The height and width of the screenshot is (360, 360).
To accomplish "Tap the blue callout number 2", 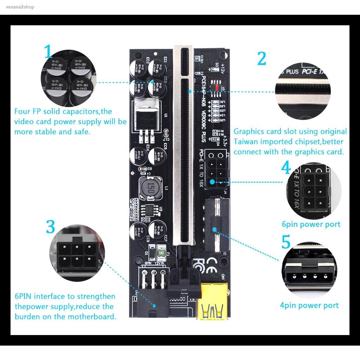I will tap(262, 59).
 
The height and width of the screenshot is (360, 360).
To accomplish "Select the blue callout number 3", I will tap(51, 227).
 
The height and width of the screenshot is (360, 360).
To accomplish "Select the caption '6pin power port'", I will tap(311, 224).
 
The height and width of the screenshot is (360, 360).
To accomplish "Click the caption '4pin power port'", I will tap(309, 305).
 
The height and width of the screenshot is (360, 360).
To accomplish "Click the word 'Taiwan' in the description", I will tap(245, 142).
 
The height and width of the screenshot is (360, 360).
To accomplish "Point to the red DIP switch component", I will tap(215, 86).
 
